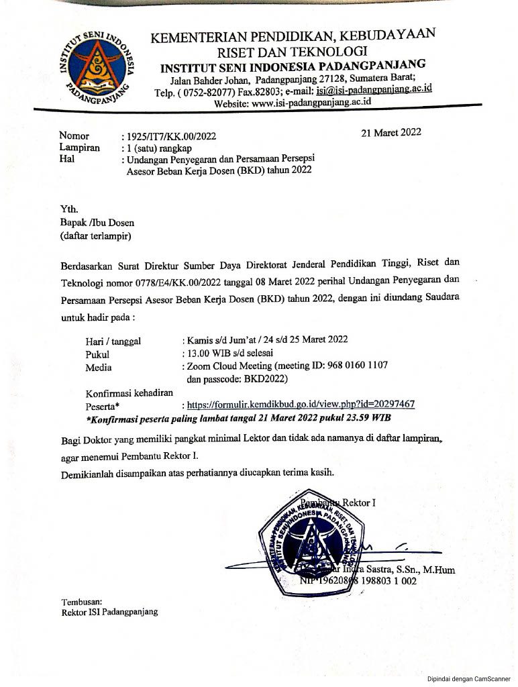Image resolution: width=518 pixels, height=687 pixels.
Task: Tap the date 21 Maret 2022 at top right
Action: pos(391,132)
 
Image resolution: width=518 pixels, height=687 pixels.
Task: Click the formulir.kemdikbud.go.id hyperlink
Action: pos(301,404)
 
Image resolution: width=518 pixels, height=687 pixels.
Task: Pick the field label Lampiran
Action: pos(79,148)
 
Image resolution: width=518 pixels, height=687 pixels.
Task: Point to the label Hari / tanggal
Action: pos(113,341)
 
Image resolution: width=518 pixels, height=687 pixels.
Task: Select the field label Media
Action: pos(99,367)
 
